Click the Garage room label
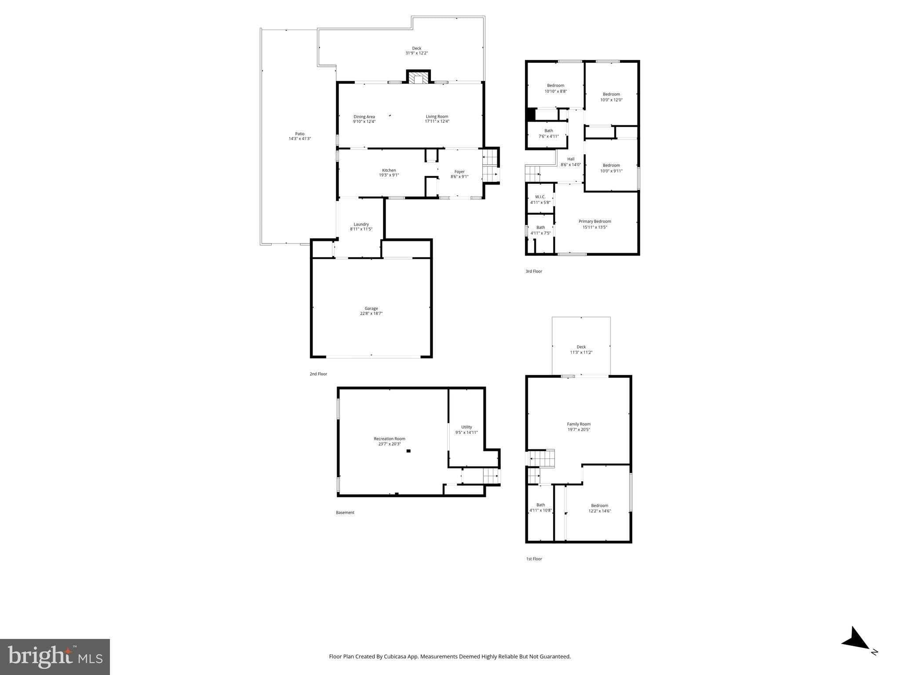371,308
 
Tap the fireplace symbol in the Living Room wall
417,78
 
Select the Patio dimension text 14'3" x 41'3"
299,139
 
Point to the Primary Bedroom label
594,221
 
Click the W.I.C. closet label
540,197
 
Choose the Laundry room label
361,224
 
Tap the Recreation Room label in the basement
389,439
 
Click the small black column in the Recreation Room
408,451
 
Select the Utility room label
466,427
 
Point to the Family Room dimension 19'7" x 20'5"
579,430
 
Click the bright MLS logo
55,657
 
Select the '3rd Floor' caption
534,272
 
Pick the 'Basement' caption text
345,512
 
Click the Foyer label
459,172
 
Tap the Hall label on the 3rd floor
570,159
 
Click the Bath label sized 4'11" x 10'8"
540,505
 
